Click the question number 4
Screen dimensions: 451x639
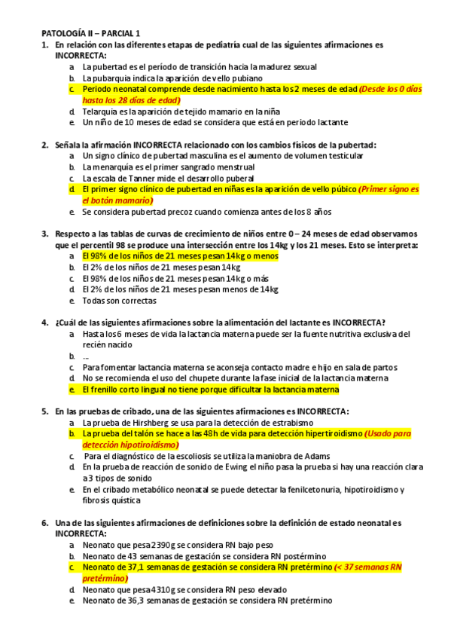tap(44, 323)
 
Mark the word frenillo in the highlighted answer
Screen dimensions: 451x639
tap(101, 390)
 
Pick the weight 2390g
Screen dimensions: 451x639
tap(161, 544)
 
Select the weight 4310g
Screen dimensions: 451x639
tap(161, 589)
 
